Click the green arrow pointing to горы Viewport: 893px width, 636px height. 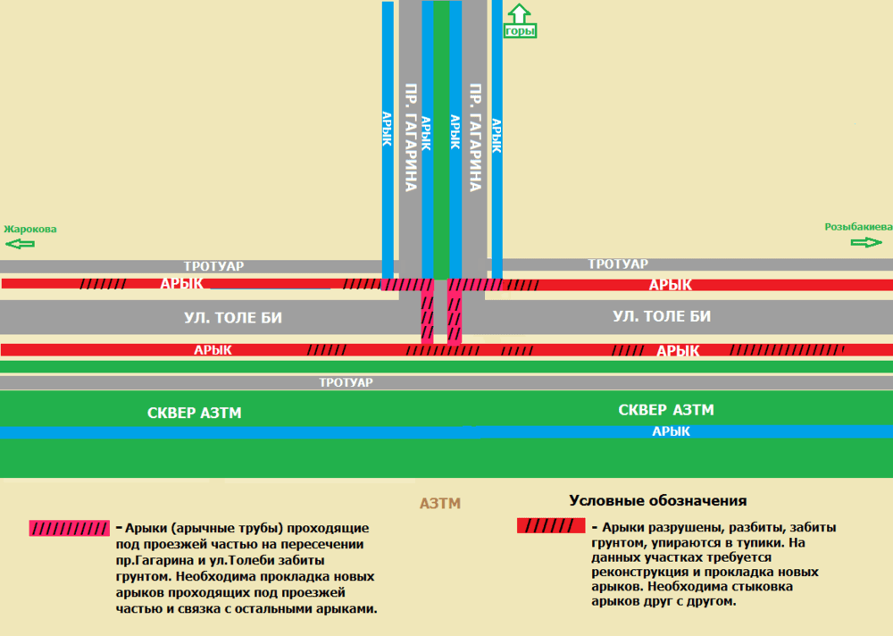519,13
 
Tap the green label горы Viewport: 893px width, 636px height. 520,30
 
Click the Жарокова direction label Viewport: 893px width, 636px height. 30,229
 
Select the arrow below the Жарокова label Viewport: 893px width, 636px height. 20,244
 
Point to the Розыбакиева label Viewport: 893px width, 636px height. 858,227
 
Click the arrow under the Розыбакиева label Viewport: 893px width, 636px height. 866,242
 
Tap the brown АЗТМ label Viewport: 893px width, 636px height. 439,503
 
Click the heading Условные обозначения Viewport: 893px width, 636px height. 658,500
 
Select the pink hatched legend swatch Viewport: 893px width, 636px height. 69,528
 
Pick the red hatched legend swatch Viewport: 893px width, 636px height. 551,525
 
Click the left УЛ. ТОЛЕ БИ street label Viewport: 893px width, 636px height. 233,317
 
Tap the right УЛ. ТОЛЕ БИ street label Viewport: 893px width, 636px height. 662,316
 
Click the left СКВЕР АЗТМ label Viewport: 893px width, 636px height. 194,413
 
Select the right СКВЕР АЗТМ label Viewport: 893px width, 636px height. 666,410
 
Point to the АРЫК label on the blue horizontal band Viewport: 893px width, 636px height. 671,431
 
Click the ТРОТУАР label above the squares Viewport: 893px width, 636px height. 346,382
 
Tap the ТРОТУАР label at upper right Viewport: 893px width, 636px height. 618,264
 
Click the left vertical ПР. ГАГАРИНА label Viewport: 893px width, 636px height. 411,138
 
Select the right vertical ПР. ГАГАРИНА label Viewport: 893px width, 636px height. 475,138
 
